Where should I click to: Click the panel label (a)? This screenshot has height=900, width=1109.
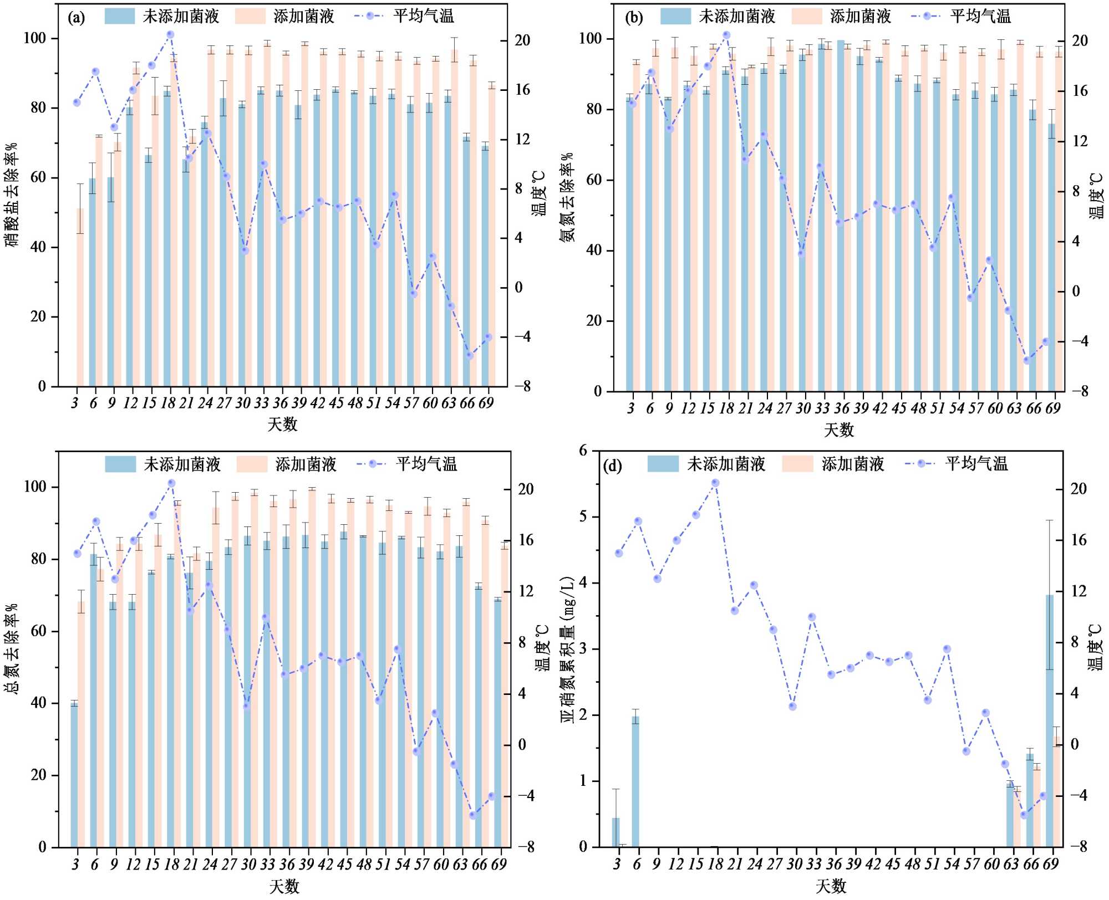[x=76, y=18]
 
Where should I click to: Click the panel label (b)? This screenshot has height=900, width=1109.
[x=633, y=18]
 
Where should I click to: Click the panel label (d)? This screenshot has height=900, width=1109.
[x=612, y=466]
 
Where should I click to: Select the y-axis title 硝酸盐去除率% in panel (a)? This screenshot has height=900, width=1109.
[x=12, y=194]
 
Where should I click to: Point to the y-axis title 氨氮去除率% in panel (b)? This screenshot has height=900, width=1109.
[x=567, y=197]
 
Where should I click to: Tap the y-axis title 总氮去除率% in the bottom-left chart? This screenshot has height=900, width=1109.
[x=12, y=648]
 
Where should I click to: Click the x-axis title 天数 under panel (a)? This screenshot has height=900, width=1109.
[x=282, y=425]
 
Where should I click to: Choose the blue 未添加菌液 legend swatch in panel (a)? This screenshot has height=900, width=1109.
[x=119, y=16]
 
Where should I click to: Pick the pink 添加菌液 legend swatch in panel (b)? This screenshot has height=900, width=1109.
[x=806, y=16]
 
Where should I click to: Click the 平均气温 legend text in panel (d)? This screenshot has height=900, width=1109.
[x=976, y=463]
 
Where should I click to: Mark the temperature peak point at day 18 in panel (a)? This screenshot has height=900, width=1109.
[x=170, y=34]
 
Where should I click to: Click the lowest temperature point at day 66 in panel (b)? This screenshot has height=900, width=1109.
[x=1026, y=360]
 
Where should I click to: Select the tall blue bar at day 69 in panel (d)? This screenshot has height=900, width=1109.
[x=1050, y=720]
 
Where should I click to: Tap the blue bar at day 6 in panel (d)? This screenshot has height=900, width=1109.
[x=635, y=781]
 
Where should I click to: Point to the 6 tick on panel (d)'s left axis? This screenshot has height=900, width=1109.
[x=583, y=451]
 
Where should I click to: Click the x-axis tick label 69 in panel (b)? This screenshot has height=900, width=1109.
[x=1052, y=408]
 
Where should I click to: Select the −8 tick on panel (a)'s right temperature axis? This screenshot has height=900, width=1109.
[x=522, y=386]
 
